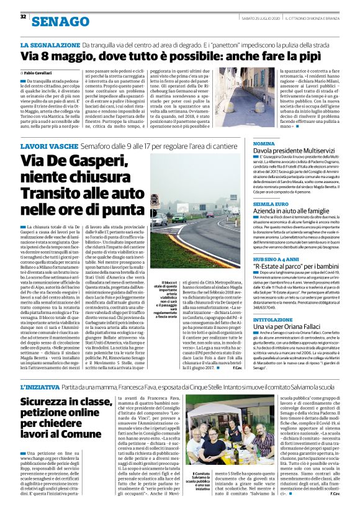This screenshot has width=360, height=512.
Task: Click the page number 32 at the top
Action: point(23,16)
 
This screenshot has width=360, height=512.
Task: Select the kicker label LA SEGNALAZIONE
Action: point(50,46)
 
